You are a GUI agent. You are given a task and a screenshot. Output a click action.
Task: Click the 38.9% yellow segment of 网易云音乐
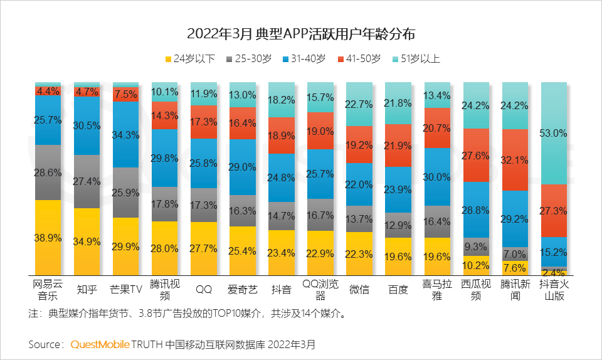(x=48, y=236)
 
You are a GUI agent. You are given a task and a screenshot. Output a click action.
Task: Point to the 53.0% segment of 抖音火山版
(x=553, y=134)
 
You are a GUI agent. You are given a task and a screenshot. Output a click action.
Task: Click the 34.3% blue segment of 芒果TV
(x=125, y=134)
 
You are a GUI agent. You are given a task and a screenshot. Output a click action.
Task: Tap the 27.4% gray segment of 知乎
(x=87, y=181)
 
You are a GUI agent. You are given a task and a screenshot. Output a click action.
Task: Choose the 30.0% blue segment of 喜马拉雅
(x=437, y=177)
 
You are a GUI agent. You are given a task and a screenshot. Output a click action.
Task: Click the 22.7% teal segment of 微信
(x=359, y=104)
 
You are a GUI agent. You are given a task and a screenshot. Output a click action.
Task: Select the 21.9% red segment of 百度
(x=398, y=146)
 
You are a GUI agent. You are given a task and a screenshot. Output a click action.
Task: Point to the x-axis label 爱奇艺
(x=242, y=290)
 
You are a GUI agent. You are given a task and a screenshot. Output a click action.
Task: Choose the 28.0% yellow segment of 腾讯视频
(x=165, y=248)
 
